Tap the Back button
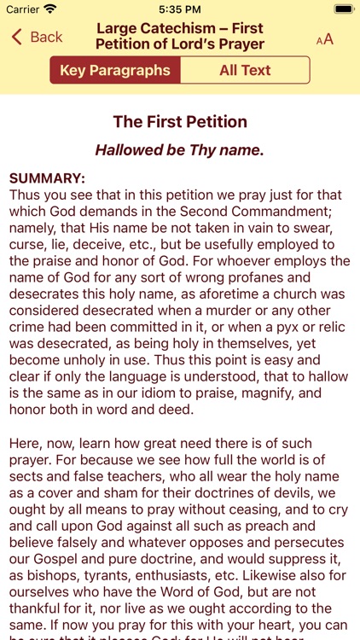click(x=38, y=37)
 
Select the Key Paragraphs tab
click(x=115, y=70)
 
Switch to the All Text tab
click(x=245, y=70)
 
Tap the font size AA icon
click(x=325, y=38)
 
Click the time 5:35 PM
click(x=179, y=9)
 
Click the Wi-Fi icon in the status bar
click(x=50, y=9)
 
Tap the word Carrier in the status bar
click(x=23, y=9)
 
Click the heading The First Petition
click(x=180, y=121)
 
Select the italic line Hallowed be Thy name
click(x=180, y=150)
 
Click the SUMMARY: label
click(x=47, y=178)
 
